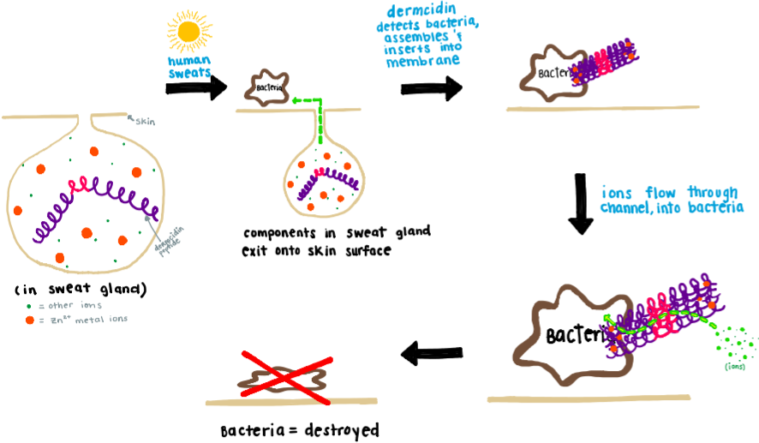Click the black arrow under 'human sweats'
196,87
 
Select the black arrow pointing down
582,203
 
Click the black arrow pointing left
433,350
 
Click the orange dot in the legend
29,320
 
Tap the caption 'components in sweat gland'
336,232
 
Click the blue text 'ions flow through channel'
671,199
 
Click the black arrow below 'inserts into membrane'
431,89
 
